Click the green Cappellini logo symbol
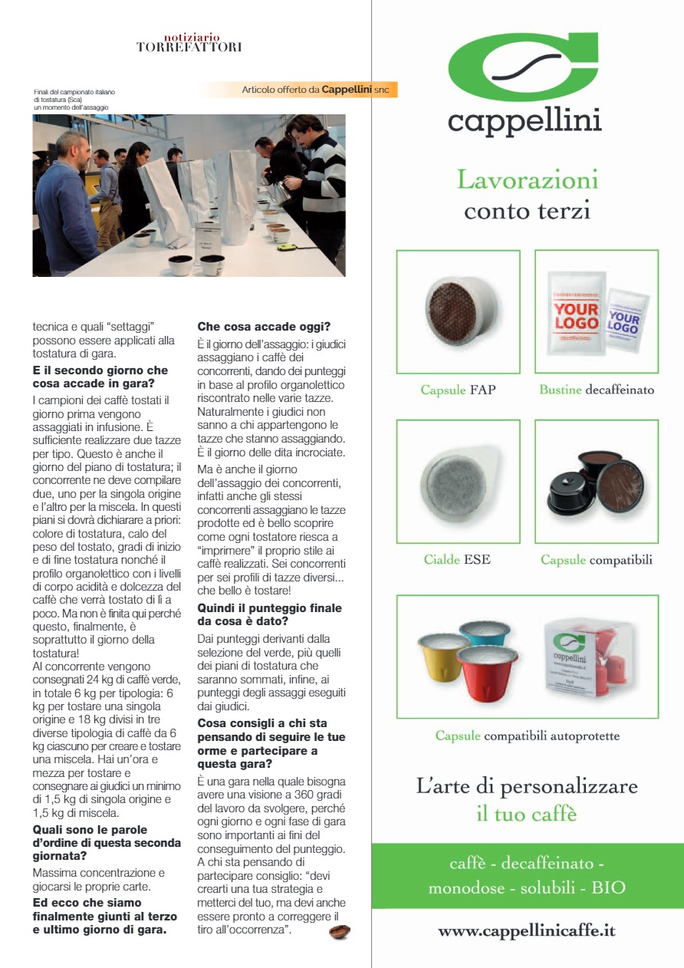coord(525,67)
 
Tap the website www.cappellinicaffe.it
coord(527,931)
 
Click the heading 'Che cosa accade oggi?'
coord(264,326)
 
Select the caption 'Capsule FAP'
coord(458,390)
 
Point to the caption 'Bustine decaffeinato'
coord(597,390)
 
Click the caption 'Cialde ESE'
coord(457,559)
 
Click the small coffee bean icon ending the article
coord(339,932)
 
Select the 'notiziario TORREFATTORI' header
coord(189,42)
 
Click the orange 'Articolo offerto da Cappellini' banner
coord(315,90)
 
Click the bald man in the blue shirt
coord(65,199)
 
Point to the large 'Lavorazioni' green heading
coord(527,179)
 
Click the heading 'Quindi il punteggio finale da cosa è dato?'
coord(269,614)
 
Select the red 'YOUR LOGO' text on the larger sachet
coord(576,316)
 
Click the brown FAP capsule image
coord(458,311)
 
